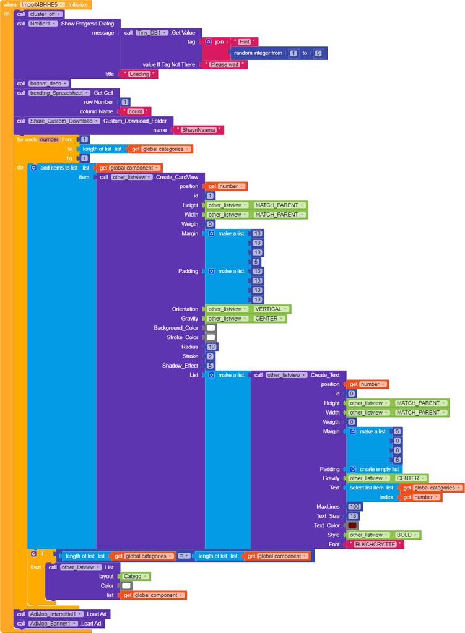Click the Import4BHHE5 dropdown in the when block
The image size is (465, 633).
pos(42,4)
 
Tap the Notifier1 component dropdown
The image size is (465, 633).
pos(43,23)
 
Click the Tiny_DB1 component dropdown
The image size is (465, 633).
pos(152,32)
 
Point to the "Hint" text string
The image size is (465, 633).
pos(245,41)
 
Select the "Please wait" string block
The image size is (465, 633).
pos(225,64)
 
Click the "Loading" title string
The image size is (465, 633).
pos(139,74)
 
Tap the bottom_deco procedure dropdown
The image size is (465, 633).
pos(50,84)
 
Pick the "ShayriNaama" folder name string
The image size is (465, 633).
pos(199,131)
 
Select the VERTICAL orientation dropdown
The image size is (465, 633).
pos(271,309)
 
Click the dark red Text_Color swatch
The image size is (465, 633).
pos(352,525)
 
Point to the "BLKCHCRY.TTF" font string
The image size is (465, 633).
pos(375,545)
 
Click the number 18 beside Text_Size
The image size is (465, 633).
pos(353,516)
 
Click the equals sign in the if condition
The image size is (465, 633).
pos(185,556)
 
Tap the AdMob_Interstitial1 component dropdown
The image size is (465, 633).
pos(56,614)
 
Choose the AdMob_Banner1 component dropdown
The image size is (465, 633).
pos(51,623)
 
